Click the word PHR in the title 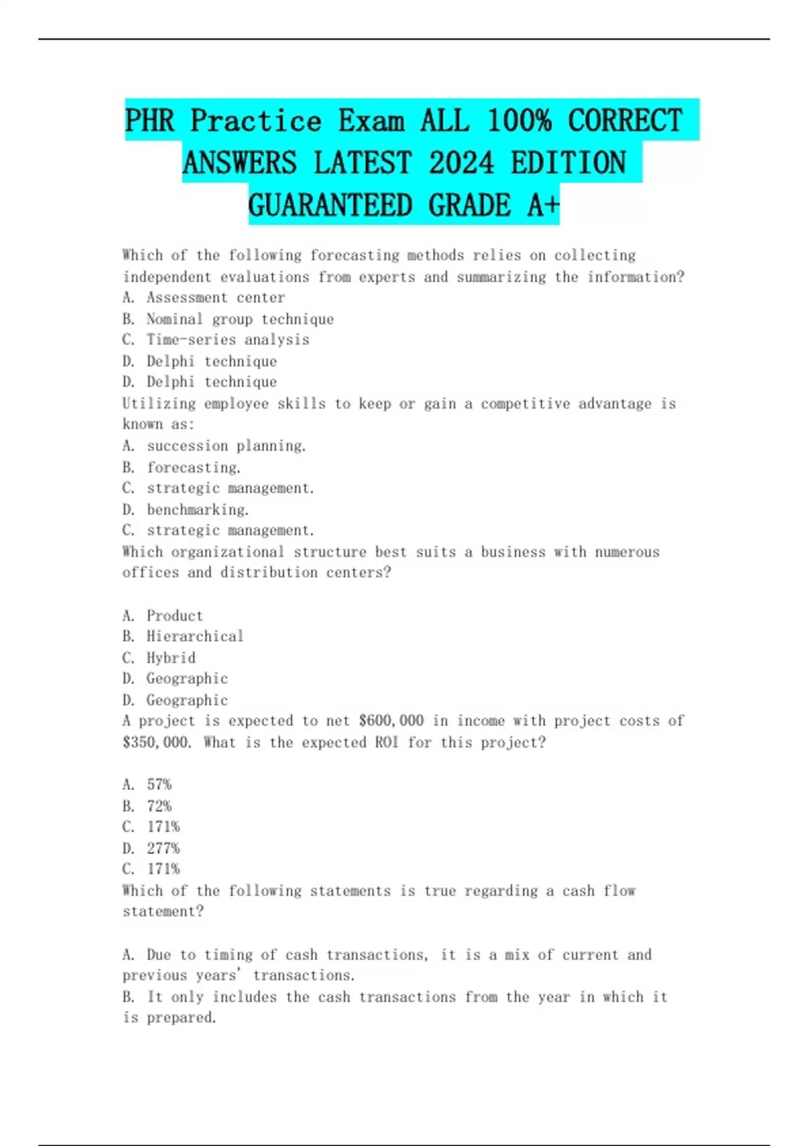pos(149,121)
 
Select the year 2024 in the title pos(461,163)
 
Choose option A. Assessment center pos(204,297)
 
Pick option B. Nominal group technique pos(228,319)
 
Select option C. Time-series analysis pos(216,340)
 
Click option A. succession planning pos(214,446)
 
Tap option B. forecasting pos(181,467)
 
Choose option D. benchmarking pos(185,510)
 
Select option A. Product pos(162,615)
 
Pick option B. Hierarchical pos(183,636)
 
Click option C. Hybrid pos(159,658)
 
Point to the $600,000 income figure pos(391,721)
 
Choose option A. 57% pos(147,785)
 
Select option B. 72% pos(147,806)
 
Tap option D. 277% pos(151,848)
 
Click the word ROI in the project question pos(386,742)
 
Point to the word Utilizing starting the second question pos(158,404)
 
